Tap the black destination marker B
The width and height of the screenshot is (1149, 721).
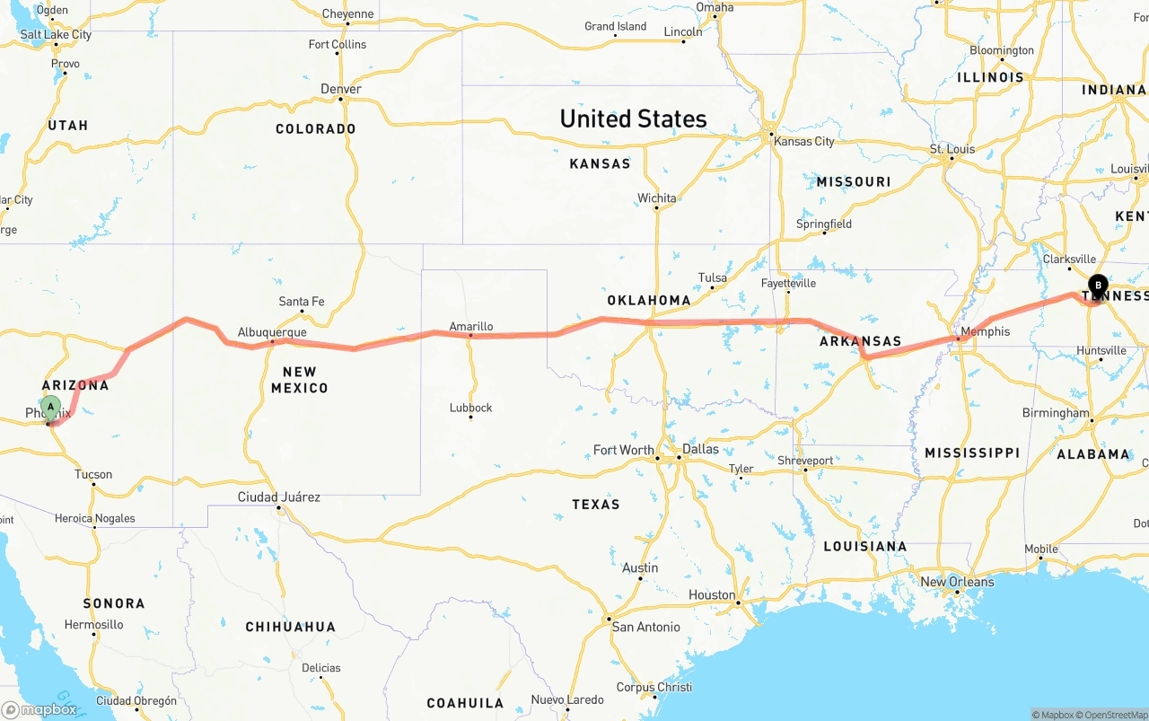(1097, 286)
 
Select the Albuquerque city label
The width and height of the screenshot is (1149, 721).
(272, 332)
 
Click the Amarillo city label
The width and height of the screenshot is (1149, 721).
(471, 327)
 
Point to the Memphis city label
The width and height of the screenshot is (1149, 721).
(985, 331)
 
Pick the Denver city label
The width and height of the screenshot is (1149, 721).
(341, 89)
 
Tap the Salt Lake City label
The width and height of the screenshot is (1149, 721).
(56, 35)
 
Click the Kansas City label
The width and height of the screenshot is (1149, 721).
(803, 141)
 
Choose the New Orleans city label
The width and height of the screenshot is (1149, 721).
(957, 582)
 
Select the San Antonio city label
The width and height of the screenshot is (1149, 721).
(645, 627)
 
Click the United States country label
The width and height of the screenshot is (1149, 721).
(633, 119)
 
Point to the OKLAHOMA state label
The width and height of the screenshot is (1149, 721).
(649, 300)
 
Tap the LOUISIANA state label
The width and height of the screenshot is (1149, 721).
(865, 546)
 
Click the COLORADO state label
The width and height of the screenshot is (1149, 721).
(315, 128)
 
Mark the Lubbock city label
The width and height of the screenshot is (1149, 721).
(471, 408)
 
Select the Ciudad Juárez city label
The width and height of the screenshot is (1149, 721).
(278, 497)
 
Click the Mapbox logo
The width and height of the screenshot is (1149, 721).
(39, 709)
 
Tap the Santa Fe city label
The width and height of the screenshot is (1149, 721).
(302, 302)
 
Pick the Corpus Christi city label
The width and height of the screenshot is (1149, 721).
(653, 687)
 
